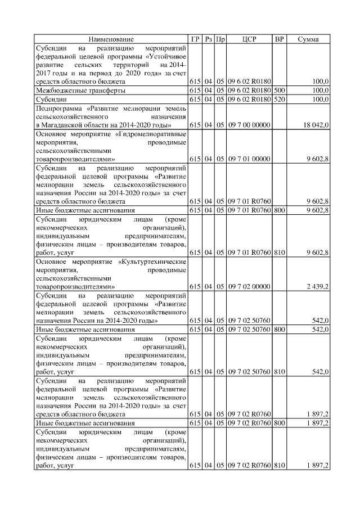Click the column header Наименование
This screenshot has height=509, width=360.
111,39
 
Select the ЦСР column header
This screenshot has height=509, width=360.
249,39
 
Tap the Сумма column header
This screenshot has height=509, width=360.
308,39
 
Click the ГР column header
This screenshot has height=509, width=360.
195,39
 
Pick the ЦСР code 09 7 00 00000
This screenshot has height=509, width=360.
249,124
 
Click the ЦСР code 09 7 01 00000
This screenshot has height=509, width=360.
249,159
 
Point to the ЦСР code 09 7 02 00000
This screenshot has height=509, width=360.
249,286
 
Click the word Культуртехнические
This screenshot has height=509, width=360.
153,262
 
